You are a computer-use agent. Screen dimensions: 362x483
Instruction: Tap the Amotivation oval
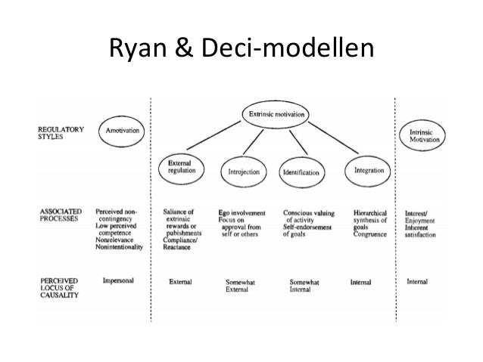(x=123, y=131)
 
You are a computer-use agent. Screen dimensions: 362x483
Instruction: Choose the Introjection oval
(x=244, y=172)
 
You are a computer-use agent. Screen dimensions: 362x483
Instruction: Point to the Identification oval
(x=301, y=172)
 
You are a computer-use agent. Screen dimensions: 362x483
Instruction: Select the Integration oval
(x=369, y=171)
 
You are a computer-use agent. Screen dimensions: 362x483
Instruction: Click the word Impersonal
(x=119, y=280)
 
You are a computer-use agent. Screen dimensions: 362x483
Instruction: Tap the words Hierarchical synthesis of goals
(x=370, y=219)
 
